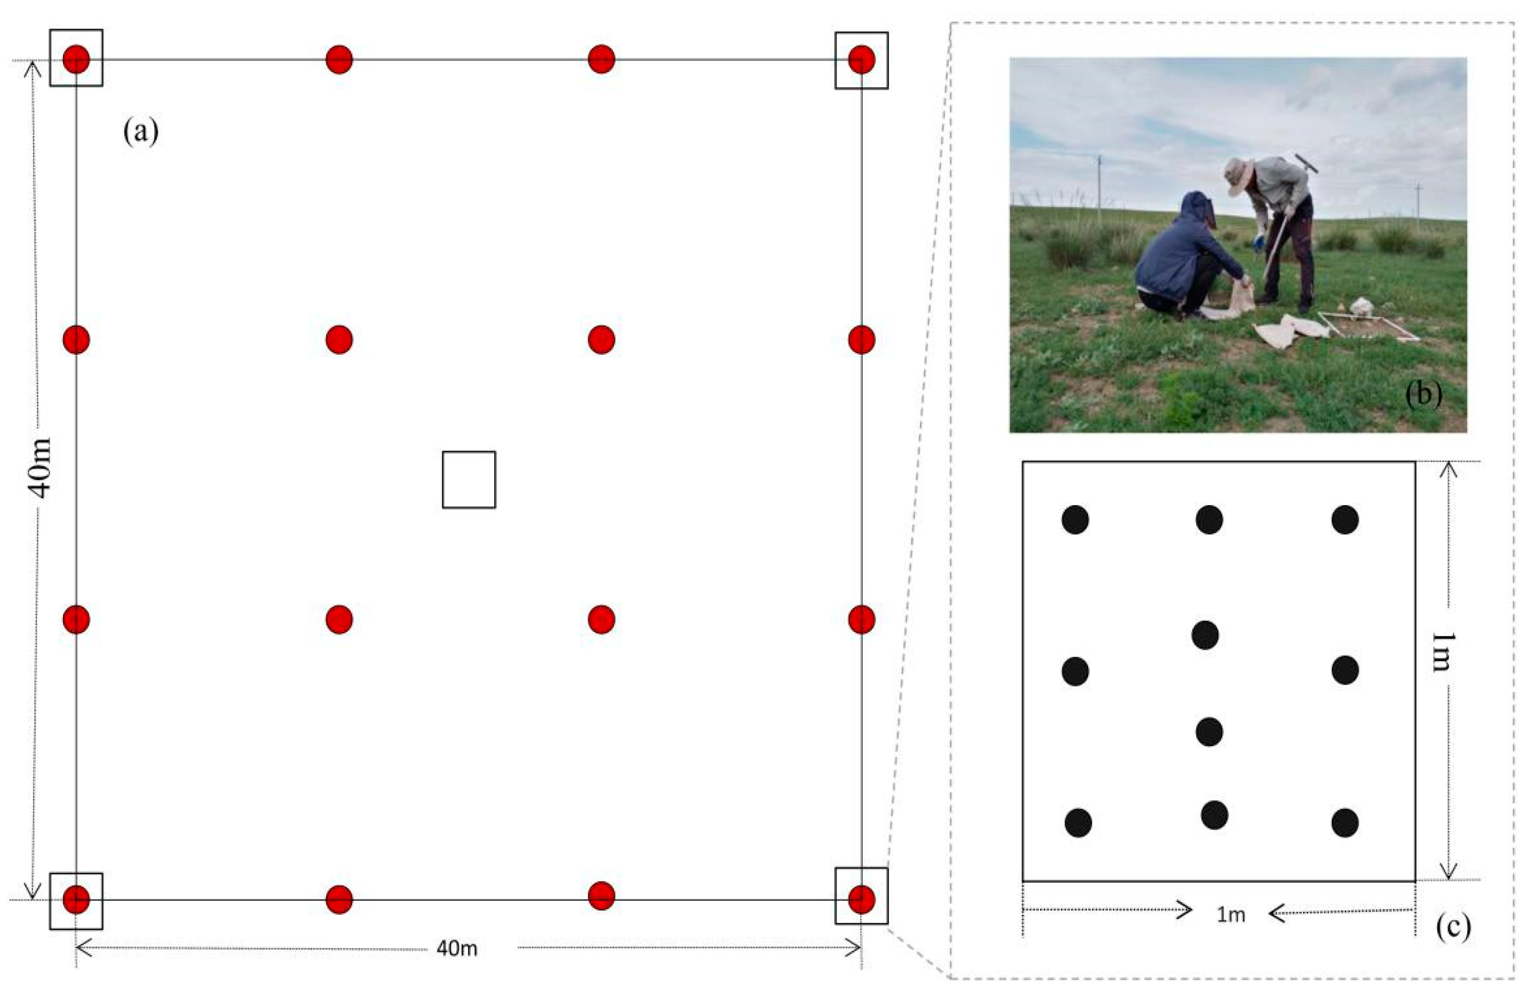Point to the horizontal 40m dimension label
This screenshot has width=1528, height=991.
456,948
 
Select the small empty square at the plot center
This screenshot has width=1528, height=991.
469,479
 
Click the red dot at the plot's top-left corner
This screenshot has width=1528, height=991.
76,60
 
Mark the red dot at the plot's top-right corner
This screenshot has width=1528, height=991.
861,60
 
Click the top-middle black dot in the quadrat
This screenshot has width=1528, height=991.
1209,519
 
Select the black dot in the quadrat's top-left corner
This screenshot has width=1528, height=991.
1075,519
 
